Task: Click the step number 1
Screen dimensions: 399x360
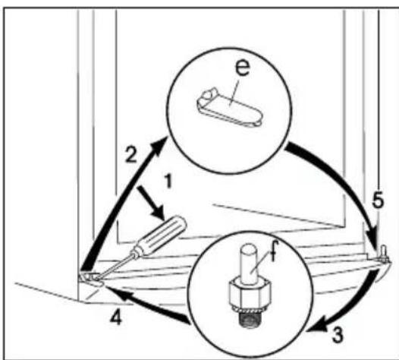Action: tap(168, 181)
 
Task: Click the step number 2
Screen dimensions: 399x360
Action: tap(131, 154)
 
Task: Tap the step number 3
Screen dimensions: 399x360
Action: tap(337, 334)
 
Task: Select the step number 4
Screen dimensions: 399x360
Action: tap(116, 317)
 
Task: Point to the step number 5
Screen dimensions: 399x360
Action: tap(378, 199)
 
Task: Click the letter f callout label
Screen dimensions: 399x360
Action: tap(273, 251)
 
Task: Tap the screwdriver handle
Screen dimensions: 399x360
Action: tap(161, 235)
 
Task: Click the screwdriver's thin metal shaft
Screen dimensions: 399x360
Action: tap(115, 265)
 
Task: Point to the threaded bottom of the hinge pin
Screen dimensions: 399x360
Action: tap(250, 319)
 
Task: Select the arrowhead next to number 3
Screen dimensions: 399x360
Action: tap(317, 324)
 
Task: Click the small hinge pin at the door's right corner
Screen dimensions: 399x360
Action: tap(383, 252)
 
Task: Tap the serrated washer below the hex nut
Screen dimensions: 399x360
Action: tap(250, 310)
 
